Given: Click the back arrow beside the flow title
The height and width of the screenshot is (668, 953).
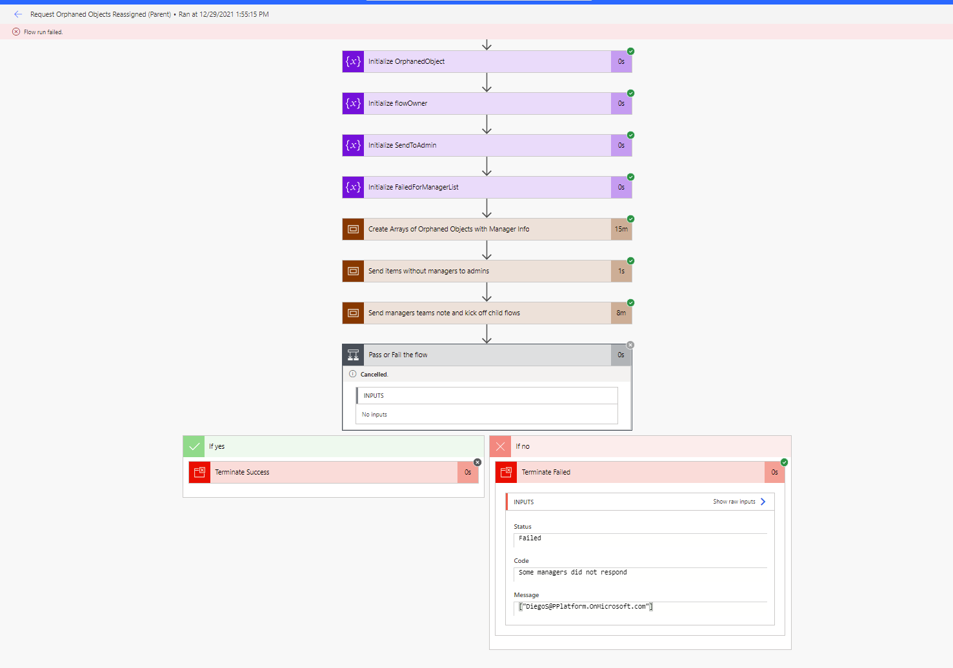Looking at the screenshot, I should pyautogui.click(x=18, y=14).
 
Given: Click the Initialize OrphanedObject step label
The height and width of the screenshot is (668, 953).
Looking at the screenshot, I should pyautogui.click(x=406, y=62).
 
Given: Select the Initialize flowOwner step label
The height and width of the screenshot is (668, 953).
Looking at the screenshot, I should pyautogui.click(x=397, y=104).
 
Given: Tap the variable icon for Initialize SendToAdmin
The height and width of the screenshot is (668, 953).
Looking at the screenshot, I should pyautogui.click(x=353, y=146).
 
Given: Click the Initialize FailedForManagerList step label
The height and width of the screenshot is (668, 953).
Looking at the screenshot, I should pyautogui.click(x=413, y=188).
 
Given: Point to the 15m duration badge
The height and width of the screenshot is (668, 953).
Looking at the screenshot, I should pyautogui.click(x=621, y=230).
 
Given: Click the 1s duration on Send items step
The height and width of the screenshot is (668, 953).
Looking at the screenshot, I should pyautogui.click(x=621, y=271).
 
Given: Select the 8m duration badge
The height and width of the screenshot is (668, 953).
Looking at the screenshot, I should pyautogui.click(x=621, y=313).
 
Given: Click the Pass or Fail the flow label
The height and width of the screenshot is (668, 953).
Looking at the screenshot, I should pyautogui.click(x=397, y=355).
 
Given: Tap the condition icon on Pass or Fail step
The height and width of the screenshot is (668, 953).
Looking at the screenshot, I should pyautogui.click(x=353, y=355).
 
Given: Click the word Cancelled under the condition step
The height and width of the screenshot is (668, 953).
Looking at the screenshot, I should pyautogui.click(x=374, y=375).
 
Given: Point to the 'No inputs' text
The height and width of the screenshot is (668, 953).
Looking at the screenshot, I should pyautogui.click(x=374, y=415).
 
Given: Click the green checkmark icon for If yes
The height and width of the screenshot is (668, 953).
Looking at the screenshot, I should pyautogui.click(x=194, y=446).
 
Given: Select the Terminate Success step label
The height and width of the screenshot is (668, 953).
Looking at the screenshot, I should pyautogui.click(x=242, y=473).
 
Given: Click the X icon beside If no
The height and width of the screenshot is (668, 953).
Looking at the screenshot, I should pyautogui.click(x=501, y=446).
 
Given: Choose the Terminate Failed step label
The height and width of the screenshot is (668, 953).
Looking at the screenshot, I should pyautogui.click(x=546, y=473).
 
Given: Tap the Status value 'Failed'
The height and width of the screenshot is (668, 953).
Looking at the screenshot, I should pyautogui.click(x=530, y=538).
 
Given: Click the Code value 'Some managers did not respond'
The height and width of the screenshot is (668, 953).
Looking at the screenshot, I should pyautogui.click(x=572, y=573).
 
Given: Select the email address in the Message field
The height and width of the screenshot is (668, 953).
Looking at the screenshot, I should pyautogui.click(x=586, y=607).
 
